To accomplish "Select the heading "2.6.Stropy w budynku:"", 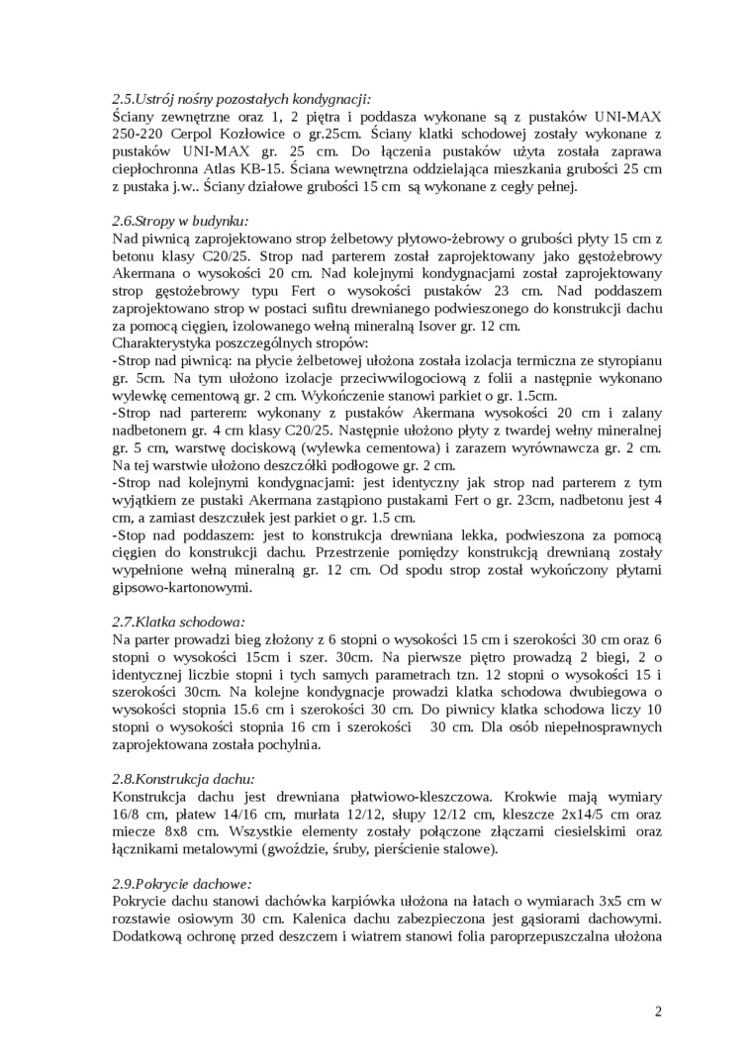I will coord(179,221).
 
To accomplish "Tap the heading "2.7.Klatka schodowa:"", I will coord(177,622).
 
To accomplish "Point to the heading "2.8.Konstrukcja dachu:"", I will coord(184,778).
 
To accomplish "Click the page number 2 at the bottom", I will coord(658,1011).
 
